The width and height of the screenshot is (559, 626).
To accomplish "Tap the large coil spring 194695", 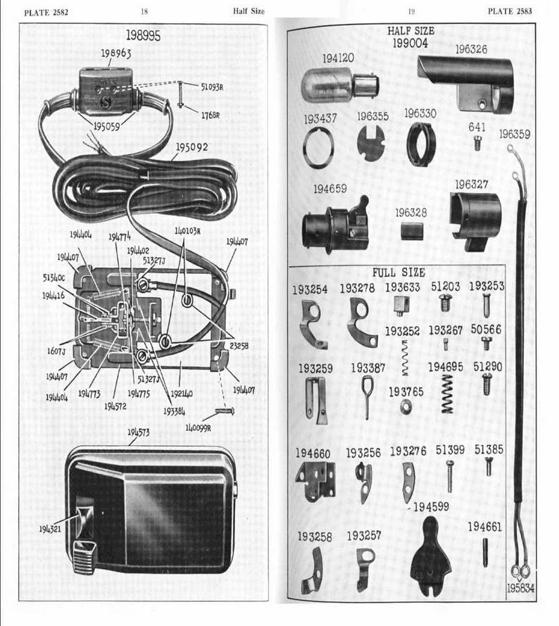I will pyautogui.click(x=446, y=392).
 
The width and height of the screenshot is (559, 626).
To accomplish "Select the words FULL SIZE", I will pyautogui.click(x=398, y=272).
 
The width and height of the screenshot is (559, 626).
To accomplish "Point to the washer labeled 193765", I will pyautogui.click(x=406, y=406).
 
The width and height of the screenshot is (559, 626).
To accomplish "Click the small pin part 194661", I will pyautogui.click(x=485, y=553).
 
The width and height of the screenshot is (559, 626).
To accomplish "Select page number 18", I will pyautogui.click(x=144, y=11).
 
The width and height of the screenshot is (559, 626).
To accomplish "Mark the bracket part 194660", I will pyautogui.click(x=315, y=481).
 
